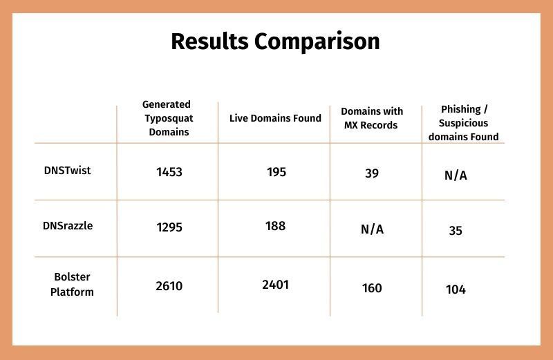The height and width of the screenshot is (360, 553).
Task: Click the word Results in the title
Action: point(209,41)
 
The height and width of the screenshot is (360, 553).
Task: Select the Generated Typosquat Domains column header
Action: point(168,118)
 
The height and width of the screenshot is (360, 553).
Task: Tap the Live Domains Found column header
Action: point(275,118)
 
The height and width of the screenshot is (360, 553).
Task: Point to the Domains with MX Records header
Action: point(372,118)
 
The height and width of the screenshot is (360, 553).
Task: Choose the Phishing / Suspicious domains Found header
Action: point(463,123)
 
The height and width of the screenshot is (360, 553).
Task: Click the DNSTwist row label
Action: point(67,170)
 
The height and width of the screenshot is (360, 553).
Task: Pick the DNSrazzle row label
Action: point(68,226)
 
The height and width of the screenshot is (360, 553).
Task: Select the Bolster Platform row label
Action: point(72,284)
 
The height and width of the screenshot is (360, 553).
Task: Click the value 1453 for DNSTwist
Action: point(169,172)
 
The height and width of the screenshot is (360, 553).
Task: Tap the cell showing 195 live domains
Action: point(276,172)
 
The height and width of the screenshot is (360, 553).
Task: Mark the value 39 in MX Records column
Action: point(372,173)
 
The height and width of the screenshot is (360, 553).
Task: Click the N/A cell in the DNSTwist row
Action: point(456,176)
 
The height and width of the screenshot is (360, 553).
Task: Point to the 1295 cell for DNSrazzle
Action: point(169,227)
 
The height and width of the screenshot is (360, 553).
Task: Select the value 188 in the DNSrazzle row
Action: point(275,226)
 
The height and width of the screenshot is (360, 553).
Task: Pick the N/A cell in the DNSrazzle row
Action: point(372,229)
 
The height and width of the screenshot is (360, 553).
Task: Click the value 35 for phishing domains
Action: point(456,231)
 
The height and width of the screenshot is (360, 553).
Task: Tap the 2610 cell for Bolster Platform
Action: point(169,286)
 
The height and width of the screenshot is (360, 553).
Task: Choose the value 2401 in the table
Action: point(275,285)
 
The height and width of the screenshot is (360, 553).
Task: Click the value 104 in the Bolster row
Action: point(456,290)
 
